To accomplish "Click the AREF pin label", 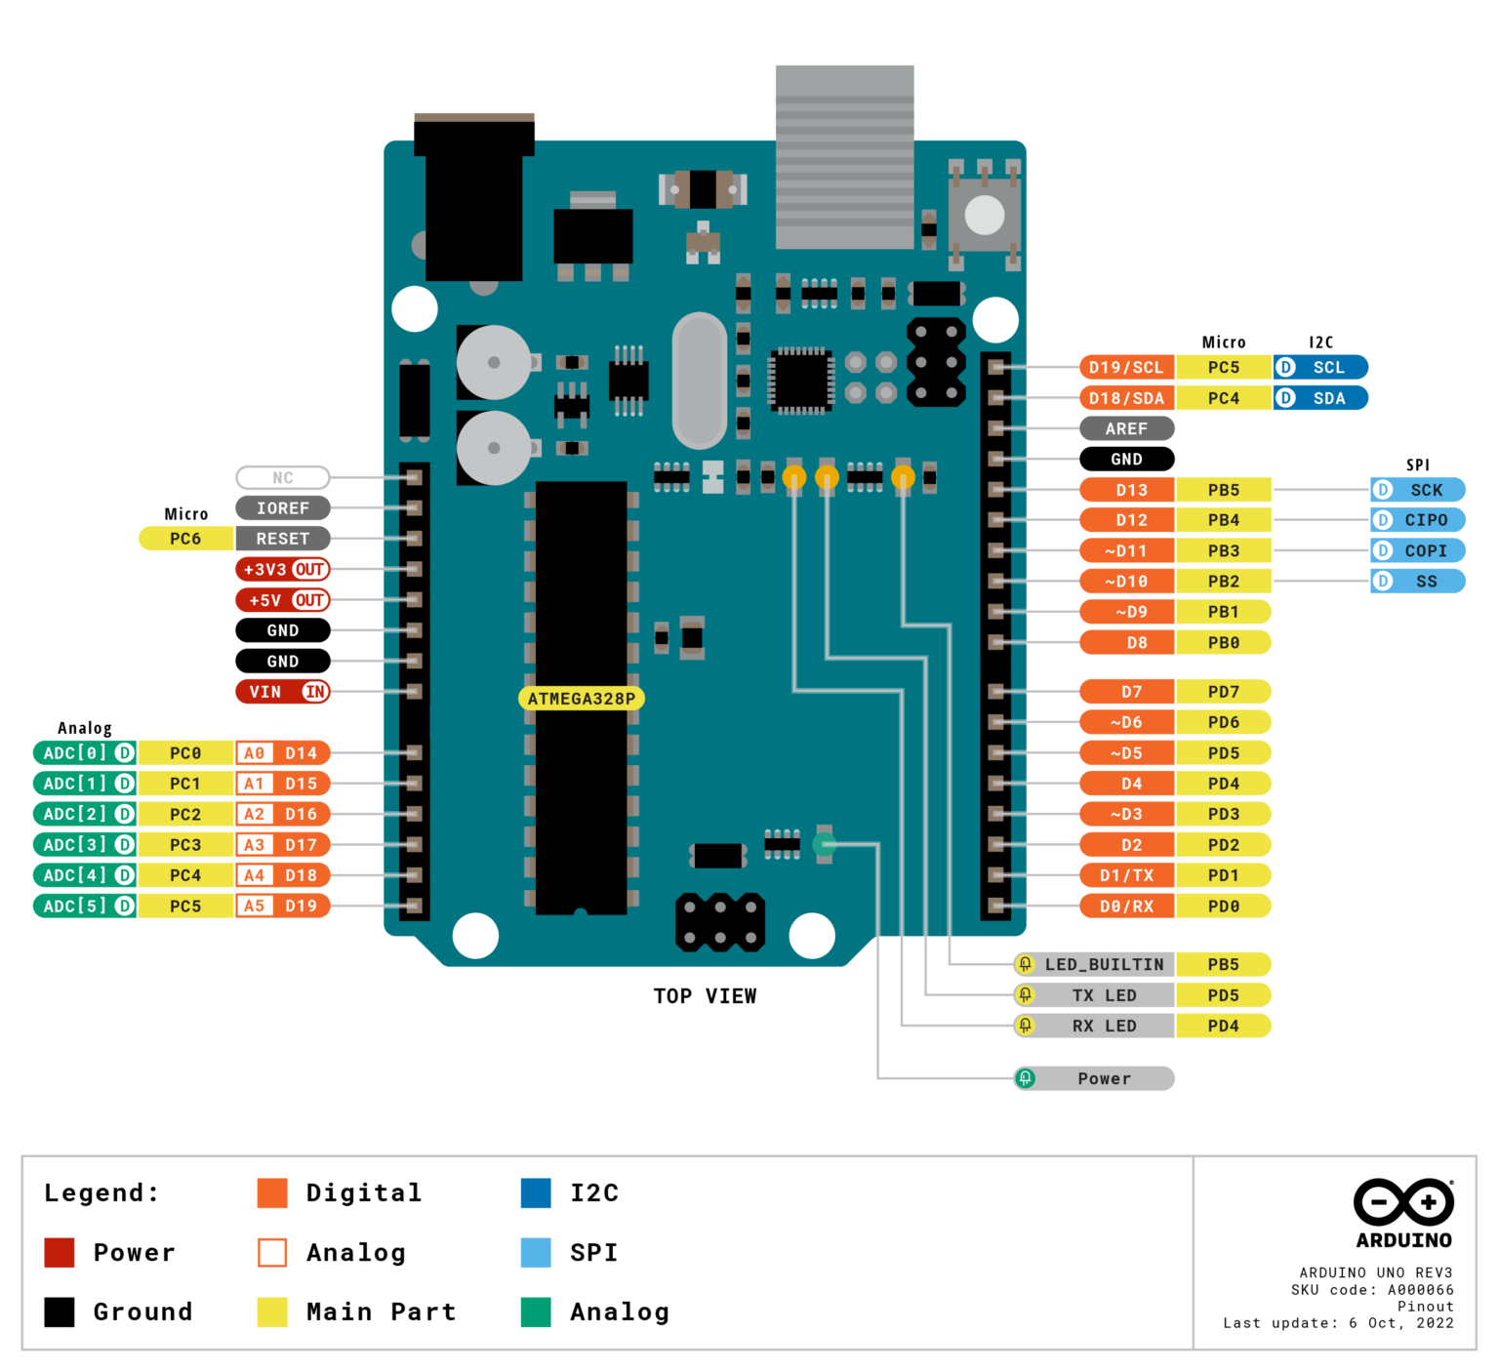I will pyautogui.click(x=1126, y=428).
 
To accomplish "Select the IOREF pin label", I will pyautogui.click(x=282, y=508).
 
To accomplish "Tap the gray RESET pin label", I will pyautogui.click(x=282, y=539).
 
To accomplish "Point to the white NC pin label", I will pyautogui.click(x=282, y=478).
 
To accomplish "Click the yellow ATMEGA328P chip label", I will pyautogui.click(x=581, y=699).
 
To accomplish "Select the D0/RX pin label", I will pyautogui.click(x=1126, y=907).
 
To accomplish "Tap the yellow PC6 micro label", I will pyautogui.click(x=185, y=539).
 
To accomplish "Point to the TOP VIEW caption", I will pyautogui.click(x=705, y=996).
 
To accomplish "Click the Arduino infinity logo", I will pyautogui.click(x=1403, y=1202).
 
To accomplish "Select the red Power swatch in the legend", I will pyautogui.click(x=60, y=1253).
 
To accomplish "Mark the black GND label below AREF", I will pyautogui.click(x=1126, y=460).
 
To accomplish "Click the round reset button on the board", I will pyautogui.click(x=984, y=216).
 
